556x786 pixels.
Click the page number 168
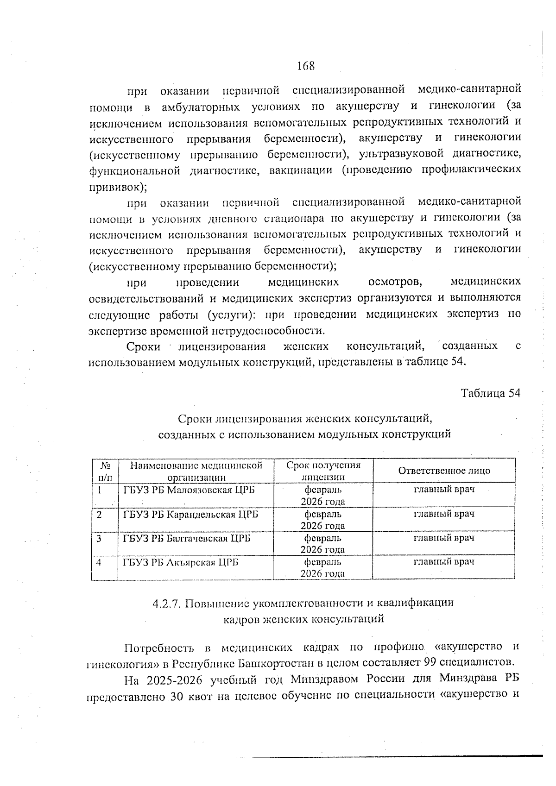click(x=305, y=66)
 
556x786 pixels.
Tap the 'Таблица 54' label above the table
click(x=491, y=393)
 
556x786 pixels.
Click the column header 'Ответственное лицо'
click(x=444, y=471)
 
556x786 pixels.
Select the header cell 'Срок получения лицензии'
click(x=323, y=471)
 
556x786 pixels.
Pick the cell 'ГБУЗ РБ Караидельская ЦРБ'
click(x=190, y=515)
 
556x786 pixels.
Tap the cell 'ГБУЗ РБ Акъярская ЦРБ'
click(x=181, y=562)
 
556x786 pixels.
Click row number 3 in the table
click(x=99, y=539)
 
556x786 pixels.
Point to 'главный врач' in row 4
click(x=444, y=562)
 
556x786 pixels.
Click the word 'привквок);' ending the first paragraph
click(x=118, y=187)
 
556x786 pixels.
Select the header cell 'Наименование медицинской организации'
click(x=196, y=471)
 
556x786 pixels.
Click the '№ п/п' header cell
click(x=105, y=471)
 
